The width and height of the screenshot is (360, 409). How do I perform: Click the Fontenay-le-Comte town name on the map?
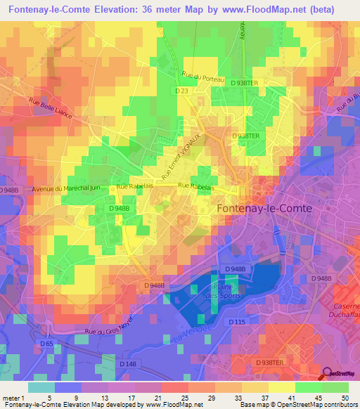[264, 209]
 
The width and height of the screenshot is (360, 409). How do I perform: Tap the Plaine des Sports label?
[226, 291]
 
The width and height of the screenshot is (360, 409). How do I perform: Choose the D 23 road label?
[183, 90]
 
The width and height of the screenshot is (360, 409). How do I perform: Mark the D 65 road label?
[46, 343]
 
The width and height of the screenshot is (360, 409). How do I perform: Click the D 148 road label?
[127, 363]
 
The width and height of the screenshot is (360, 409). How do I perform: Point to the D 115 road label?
[236, 321]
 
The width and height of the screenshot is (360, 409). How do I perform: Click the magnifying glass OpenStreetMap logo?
[328, 374]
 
